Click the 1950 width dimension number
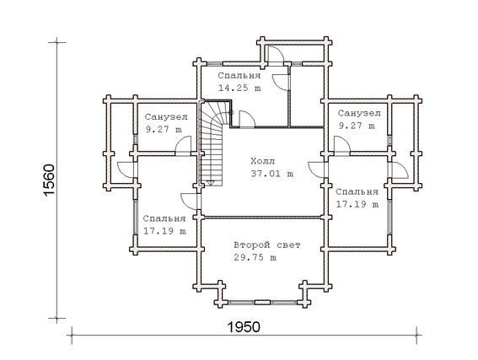click(x=244, y=327)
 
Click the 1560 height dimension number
click(x=49, y=180)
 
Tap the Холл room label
click(x=262, y=161)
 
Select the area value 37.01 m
click(x=272, y=174)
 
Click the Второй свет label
click(x=267, y=244)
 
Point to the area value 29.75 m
click(x=255, y=258)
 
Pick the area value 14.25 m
click(x=239, y=88)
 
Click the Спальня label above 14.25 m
click(x=239, y=75)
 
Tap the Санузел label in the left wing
click(x=166, y=116)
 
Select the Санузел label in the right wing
click(x=359, y=113)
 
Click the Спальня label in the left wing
click(x=164, y=218)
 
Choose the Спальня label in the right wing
click(x=357, y=191)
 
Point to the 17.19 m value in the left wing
click(x=164, y=231)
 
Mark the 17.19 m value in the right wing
click(x=357, y=204)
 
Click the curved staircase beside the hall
click(x=212, y=143)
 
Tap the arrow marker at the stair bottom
click(x=211, y=183)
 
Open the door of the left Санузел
click(x=183, y=147)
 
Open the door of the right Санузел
click(x=342, y=147)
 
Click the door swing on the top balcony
click(x=276, y=55)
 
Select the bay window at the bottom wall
click(x=262, y=303)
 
